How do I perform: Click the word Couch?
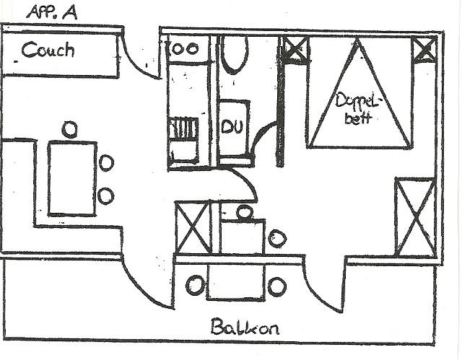[x=48, y=51]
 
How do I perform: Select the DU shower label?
[x=231, y=128]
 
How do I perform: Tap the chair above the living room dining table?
[x=69, y=130]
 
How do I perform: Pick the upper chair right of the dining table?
[x=106, y=163]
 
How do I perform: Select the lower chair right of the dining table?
[x=106, y=196]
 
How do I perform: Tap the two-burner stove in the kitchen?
[x=185, y=49]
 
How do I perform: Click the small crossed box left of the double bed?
[x=295, y=51]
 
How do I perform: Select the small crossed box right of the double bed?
[x=424, y=50]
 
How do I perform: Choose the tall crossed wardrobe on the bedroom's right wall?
[x=414, y=216]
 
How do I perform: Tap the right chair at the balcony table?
[x=277, y=286]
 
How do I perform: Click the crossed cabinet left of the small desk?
[x=192, y=227]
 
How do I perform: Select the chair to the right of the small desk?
[x=276, y=237]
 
